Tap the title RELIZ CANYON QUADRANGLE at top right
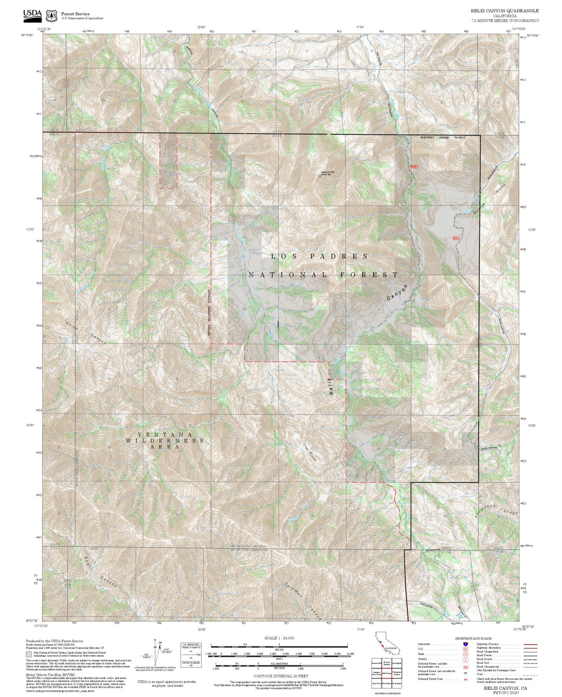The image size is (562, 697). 505,11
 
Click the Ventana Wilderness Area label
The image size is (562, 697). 165,441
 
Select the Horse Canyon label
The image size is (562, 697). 86,333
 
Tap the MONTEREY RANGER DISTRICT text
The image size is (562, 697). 443,138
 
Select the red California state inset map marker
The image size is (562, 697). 383,646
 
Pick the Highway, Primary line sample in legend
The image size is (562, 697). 530,644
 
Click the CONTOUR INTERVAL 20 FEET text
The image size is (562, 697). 279,676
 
